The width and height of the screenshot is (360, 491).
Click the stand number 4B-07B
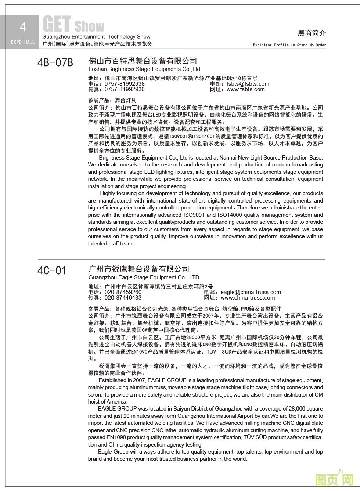coord(55,62)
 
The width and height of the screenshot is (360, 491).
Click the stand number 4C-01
coord(52,270)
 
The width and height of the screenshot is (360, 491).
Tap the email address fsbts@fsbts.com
coord(248,84)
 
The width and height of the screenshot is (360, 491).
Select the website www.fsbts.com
coord(245,89)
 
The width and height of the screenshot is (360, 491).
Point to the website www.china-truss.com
coord(248,298)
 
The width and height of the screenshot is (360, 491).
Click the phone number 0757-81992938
coord(125,84)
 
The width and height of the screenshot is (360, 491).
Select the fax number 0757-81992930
coord(125,89)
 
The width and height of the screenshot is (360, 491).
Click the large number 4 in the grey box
coord(23,27)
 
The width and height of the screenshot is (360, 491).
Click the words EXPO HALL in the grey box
coord(23,42)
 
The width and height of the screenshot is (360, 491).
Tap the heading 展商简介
coord(312,33)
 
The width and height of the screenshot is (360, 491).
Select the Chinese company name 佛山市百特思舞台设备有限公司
coord(143,61)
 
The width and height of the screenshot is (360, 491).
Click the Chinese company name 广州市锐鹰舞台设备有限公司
coord(139,269)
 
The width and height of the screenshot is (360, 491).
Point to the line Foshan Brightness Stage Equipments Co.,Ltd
coord(144,69)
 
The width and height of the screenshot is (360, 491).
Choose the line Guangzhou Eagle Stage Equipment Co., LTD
coord(144,277)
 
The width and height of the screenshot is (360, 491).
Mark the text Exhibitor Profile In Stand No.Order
coord(289,45)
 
